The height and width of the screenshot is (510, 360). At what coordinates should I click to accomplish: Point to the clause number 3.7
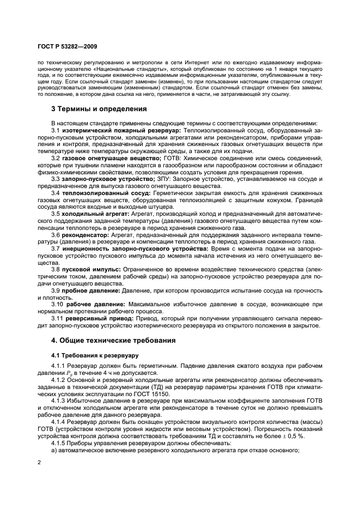[x=56, y=248]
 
